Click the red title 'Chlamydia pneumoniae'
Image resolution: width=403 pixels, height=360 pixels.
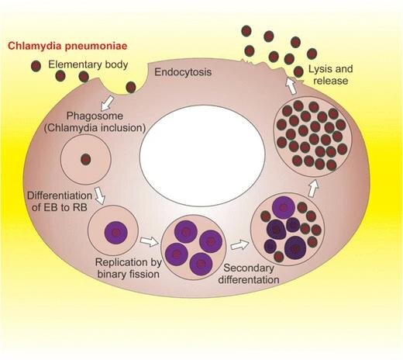point(67,46)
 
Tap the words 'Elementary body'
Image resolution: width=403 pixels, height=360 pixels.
point(88,64)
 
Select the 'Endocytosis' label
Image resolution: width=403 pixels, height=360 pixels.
point(183,72)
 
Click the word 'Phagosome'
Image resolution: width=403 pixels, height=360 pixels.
point(95,116)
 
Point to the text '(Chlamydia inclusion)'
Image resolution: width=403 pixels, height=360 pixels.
point(95,128)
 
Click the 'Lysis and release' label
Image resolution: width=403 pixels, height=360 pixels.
point(330,74)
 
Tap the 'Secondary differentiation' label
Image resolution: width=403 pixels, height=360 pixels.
point(249,274)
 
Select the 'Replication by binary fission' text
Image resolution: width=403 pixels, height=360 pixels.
point(129,268)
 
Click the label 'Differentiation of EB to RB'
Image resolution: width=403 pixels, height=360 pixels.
point(60,201)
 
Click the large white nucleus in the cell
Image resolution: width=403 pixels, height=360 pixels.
point(202,155)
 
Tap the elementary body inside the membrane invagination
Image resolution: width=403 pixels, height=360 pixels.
point(131,87)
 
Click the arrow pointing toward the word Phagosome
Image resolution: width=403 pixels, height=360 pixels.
point(107,102)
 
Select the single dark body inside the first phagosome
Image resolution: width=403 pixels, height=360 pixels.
point(86,159)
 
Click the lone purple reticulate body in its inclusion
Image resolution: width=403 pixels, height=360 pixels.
point(116,232)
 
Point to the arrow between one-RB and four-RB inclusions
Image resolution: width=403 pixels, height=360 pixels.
point(149,242)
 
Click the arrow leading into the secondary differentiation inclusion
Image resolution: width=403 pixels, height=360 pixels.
point(240,244)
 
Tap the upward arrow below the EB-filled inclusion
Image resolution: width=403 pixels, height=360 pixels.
point(313,189)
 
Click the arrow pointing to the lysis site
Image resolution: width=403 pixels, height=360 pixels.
point(291,86)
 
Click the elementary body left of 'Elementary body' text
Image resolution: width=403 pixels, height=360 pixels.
point(36,66)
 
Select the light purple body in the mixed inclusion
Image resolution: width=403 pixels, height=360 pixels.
point(284,207)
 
